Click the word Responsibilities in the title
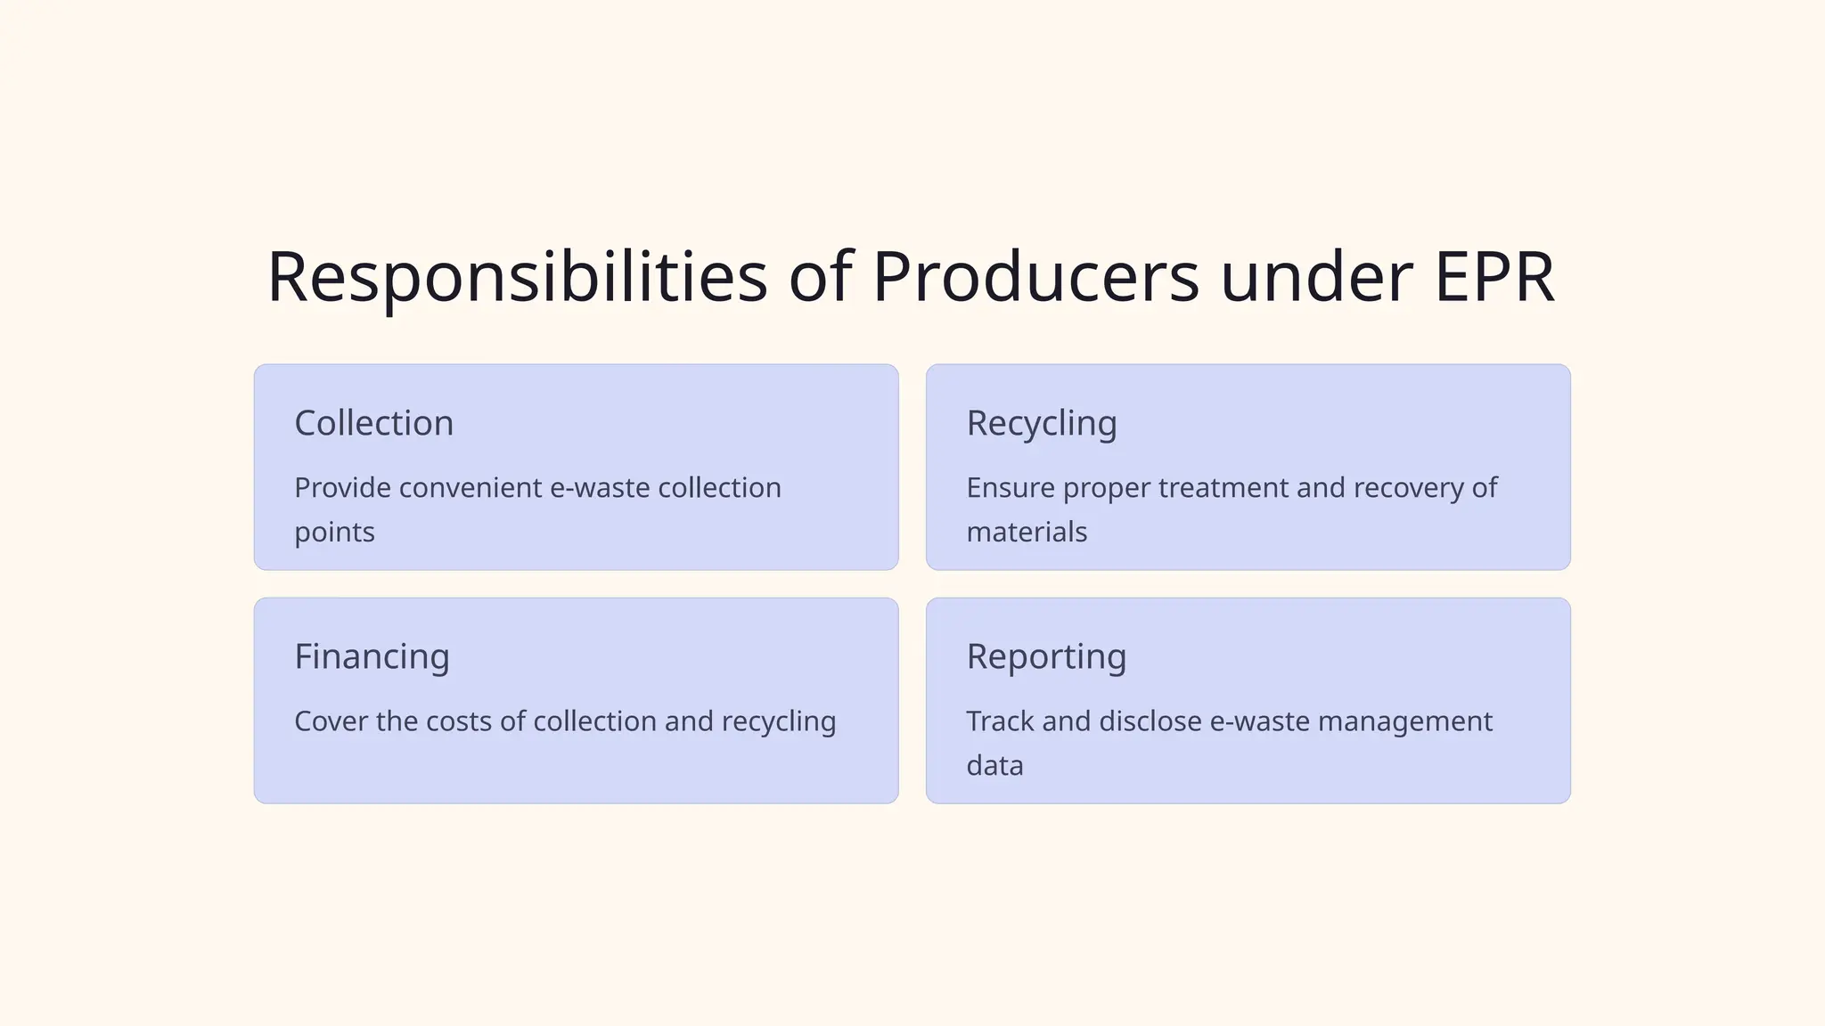pyautogui.click(x=517, y=278)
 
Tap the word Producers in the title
pyautogui.click(x=1035, y=278)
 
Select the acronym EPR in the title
pyautogui.click(x=1494, y=278)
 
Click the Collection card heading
pyautogui.click(x=373, y=423)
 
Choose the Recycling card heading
pyautogui.click(x=1041, y=424)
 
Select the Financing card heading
pyautogui.click(x=372, y=657)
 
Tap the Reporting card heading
pyautogui.click(x=1046, y=657)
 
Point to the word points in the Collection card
pyautogui.click(x=334, y=533)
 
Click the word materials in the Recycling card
pyautogui.click(x=1027, y=533)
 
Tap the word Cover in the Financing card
pyautogui.click(x=331, y=721)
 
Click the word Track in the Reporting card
pyautogui.click(x=1000, y=721)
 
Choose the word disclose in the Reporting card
pyautogui.click(x=1150, y=721)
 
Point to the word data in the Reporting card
pyautogui.click(x=994, y=766)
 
